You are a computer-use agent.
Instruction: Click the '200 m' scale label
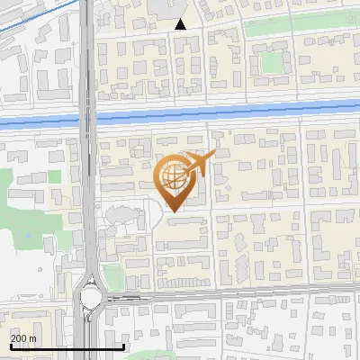pyautogui.click(x=23, y=338)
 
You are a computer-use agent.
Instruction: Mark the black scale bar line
pyautogui.click(x=67, y=346)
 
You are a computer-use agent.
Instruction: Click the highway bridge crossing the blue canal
pyautogui.click(x=87, y=121)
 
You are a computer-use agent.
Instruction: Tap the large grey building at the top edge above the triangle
pyautogui.click(x=166, y=7)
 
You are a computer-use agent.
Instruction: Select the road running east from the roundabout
pyautogui.click(x=225, y=293)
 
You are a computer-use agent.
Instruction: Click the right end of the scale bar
pyautogui.click(x=123, y=346)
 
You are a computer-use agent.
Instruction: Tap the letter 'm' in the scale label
pyautogui.click(x=32, y=338)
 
